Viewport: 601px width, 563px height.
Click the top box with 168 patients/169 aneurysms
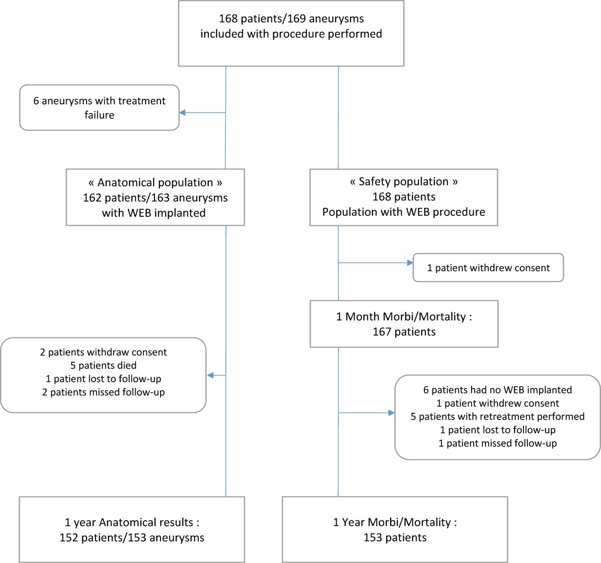[291, 33]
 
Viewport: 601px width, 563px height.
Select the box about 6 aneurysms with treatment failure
[99, 108]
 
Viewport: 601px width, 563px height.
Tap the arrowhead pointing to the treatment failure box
[183, 113]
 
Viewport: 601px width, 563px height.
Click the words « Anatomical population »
[155, 183]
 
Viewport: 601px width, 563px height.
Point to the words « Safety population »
[404, 182]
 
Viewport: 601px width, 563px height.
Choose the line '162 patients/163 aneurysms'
[155, 198]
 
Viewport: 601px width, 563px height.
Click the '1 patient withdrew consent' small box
[488, 268]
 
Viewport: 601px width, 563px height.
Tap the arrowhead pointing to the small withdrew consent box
[410, 263]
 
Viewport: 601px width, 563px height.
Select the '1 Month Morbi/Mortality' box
[404, 324]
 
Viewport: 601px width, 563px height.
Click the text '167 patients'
[404, 332]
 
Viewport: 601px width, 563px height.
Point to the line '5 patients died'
[103, 365]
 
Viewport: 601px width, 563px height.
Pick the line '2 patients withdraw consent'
[103, 352]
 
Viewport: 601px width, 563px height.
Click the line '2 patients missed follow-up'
[103, 392]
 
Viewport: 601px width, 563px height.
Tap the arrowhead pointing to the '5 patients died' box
[210, 375]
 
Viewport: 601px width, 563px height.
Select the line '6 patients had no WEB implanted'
[498, 390]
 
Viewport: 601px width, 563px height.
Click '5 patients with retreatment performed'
[498, 416]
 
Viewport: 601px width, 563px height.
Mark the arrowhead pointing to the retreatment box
[392, 413]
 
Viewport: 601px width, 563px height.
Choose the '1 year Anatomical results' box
[132, 529]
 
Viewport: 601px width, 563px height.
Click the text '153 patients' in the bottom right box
[395, 538]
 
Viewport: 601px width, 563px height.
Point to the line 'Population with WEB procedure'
[404, 212]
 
